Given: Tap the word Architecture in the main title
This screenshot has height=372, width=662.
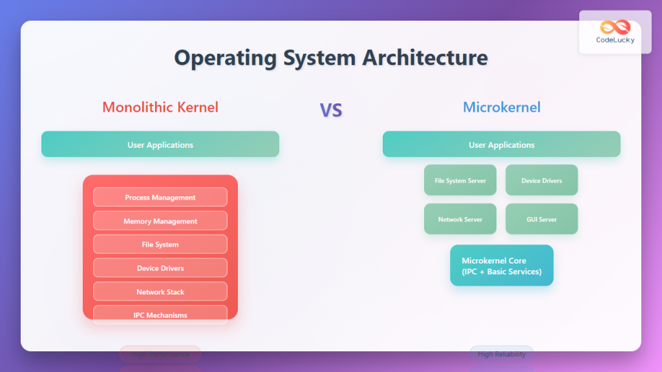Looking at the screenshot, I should (x=424, y=57).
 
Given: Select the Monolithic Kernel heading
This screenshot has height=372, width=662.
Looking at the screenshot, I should (x=160, y=107).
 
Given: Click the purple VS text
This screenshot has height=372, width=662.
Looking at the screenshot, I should (x=330, y=110).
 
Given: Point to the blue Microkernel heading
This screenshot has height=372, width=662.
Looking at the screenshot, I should (x=502, y=107).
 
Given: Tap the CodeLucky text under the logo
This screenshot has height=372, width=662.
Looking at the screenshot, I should (x=615, y=40).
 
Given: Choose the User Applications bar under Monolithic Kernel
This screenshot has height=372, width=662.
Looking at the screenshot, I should (x=160, y=145).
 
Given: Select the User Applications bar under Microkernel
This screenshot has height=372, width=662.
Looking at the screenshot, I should (x=502, y=145).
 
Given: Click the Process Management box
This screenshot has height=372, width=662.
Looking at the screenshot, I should (x=160, y=197).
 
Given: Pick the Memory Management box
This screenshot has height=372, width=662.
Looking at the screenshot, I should (x=160, y=221).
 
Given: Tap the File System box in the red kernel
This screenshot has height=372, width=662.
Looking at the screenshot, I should (x=160, y=244).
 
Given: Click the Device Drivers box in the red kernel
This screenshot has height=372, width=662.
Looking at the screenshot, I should (x=160, y=268).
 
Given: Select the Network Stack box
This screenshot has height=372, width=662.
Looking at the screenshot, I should (x=160, y=291).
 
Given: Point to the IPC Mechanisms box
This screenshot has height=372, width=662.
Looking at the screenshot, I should (x=160, y=315).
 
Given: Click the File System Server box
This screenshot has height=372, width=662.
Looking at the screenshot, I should (x=460, y=180).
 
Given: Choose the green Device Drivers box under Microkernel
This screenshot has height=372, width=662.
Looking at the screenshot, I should (x=542, y=180).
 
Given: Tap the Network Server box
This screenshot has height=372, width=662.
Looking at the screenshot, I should (x=460, y=219).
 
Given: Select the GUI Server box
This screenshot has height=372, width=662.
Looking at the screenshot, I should (x=542, y=219).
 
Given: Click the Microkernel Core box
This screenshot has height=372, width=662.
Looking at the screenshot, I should (x=502, y=265).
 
